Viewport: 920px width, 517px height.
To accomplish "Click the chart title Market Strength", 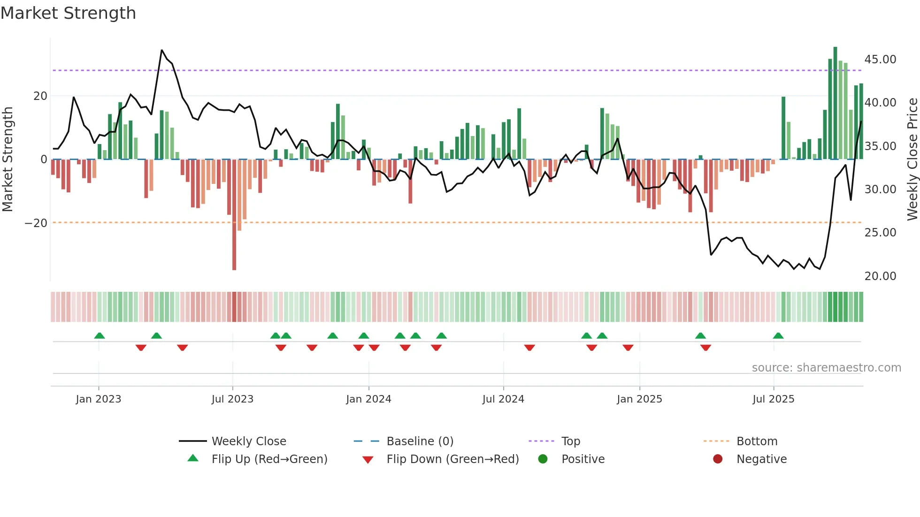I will tap(68, 13).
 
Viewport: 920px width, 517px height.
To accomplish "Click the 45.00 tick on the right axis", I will tap(880, 60).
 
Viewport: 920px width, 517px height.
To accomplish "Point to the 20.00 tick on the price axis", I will tap(880, 276).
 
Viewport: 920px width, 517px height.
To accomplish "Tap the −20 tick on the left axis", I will tap(36, 223).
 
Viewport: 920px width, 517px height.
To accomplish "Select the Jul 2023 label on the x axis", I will tap(232, 399).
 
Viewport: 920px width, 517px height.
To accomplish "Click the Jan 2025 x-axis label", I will tap(639, 399).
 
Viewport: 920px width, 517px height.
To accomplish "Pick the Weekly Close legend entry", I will tap(249, 441).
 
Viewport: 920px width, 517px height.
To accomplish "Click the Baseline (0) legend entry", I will tap(420, 441).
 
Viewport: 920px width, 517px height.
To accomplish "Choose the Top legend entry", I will tap(570, 441).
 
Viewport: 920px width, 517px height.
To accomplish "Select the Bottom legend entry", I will tap(757, 441).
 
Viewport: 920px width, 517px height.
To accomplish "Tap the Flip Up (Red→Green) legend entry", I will tap(269, 459).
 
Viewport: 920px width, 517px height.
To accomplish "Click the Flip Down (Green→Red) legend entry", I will tap(452, 459).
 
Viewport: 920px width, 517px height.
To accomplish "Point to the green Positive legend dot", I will tap(543, 459).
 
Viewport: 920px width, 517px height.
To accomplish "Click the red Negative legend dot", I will tap(718, 459).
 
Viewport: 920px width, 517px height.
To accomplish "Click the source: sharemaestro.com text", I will tap(826, 368).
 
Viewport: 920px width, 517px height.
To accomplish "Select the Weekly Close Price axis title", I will tap(912, 159).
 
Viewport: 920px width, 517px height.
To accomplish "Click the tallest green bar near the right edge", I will tap(835, 103).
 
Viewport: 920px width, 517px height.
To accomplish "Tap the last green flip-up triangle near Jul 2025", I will tap(778, 336).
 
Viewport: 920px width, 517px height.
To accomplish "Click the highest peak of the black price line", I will tap(162, 50).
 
